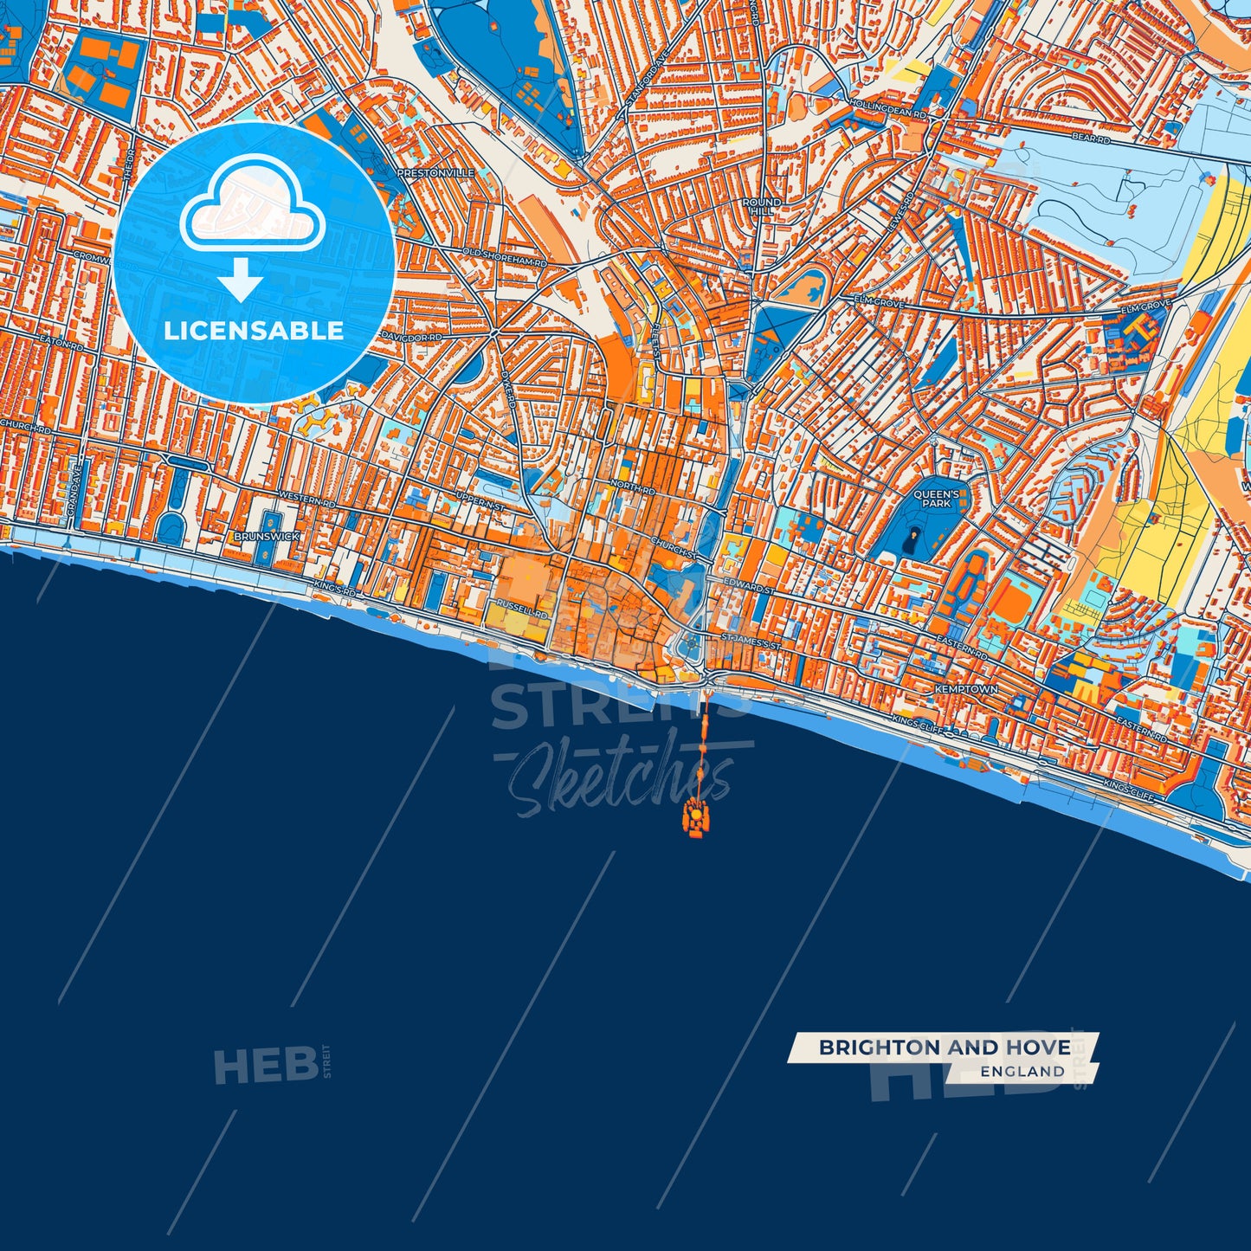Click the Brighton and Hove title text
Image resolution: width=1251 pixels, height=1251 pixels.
(944, 1048)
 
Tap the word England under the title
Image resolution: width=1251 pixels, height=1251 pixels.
(1022, 1072)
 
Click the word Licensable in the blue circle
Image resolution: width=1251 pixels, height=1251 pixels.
(254, 331)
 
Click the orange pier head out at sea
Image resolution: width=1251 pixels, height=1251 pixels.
(696, 816)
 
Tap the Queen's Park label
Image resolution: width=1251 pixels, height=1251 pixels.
(936, 499)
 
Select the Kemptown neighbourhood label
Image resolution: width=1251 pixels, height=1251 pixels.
(965, 689)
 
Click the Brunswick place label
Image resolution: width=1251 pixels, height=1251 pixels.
(267, 537)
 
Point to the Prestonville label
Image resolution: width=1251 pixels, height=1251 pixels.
(435, 173)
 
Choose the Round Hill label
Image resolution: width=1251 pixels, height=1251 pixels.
(761, 206)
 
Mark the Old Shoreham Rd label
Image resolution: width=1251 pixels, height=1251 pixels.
(505, 256)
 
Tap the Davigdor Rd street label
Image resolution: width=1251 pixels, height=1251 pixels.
(411, 334)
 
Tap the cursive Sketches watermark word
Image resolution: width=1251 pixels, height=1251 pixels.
(619, 779)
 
